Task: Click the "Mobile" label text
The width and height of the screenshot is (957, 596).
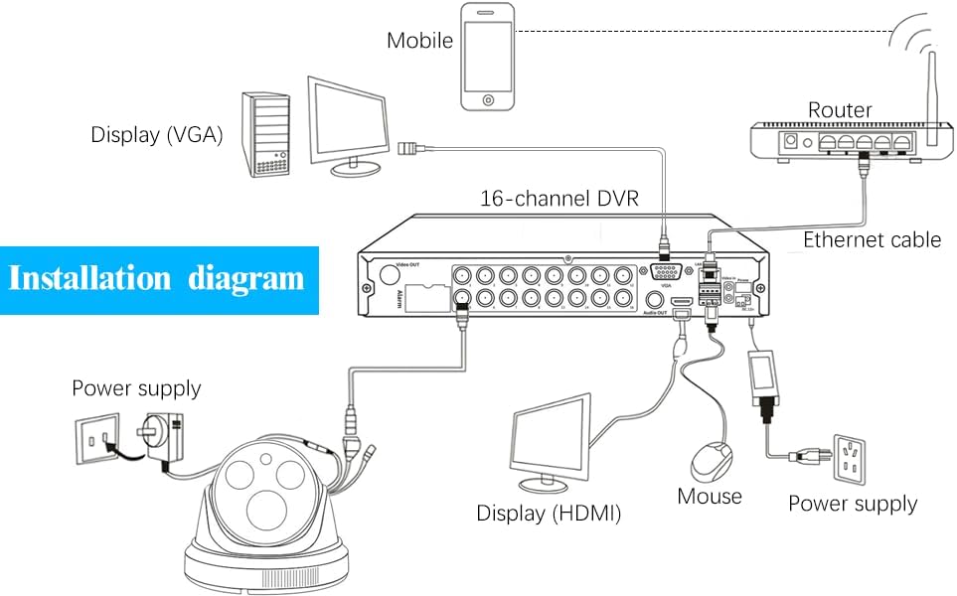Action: tap(419, 41)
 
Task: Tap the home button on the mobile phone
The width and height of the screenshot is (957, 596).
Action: tap(488, 99)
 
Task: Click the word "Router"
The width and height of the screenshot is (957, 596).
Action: tap(840, 109)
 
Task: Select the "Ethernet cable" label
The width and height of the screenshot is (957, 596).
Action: tap(872, 239)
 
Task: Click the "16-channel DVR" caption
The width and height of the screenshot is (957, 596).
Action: tap(558, 198)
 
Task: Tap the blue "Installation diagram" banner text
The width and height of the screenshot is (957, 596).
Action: tap(156, 277)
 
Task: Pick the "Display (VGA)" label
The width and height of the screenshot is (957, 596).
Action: tap(157, 134)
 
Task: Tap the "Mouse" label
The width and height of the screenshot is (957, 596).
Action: tap(710, 496)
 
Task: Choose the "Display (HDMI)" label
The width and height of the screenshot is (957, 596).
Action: tap(549, 514)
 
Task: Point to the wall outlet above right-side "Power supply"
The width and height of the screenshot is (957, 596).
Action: tap(853, 457)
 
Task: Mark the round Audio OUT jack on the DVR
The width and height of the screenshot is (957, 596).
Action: tap(655, 297)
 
